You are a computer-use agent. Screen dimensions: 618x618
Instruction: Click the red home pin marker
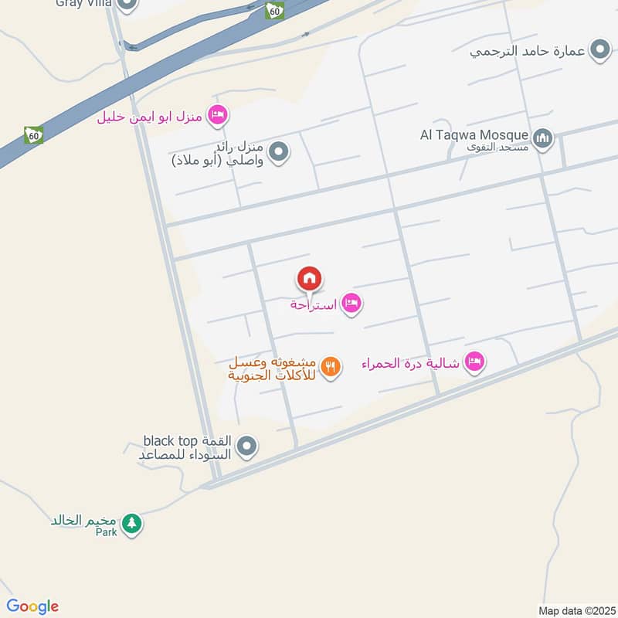(310, 279)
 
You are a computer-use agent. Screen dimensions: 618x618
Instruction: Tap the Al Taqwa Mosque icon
(544, 138)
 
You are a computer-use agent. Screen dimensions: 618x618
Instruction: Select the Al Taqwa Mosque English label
(474, 135)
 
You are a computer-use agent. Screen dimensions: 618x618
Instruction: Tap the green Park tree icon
(132, 523)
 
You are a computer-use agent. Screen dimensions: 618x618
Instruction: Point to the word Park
(106, 532)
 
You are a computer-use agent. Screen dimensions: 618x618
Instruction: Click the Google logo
(32, 606)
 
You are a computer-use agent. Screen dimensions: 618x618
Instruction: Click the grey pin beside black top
(246, 447)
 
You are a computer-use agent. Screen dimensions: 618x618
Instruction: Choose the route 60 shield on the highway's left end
(33, 134)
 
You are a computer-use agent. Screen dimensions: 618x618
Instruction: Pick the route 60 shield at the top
(273, 10)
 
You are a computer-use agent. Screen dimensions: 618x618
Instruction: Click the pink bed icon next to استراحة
(351, 304)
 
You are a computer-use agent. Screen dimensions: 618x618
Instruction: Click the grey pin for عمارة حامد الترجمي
(599, 51)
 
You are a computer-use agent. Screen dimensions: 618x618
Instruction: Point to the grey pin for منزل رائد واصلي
(279, 152)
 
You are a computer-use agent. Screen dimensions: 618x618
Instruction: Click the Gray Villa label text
(83, 4)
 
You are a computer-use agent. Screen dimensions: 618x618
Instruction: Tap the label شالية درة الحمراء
(412, 362)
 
